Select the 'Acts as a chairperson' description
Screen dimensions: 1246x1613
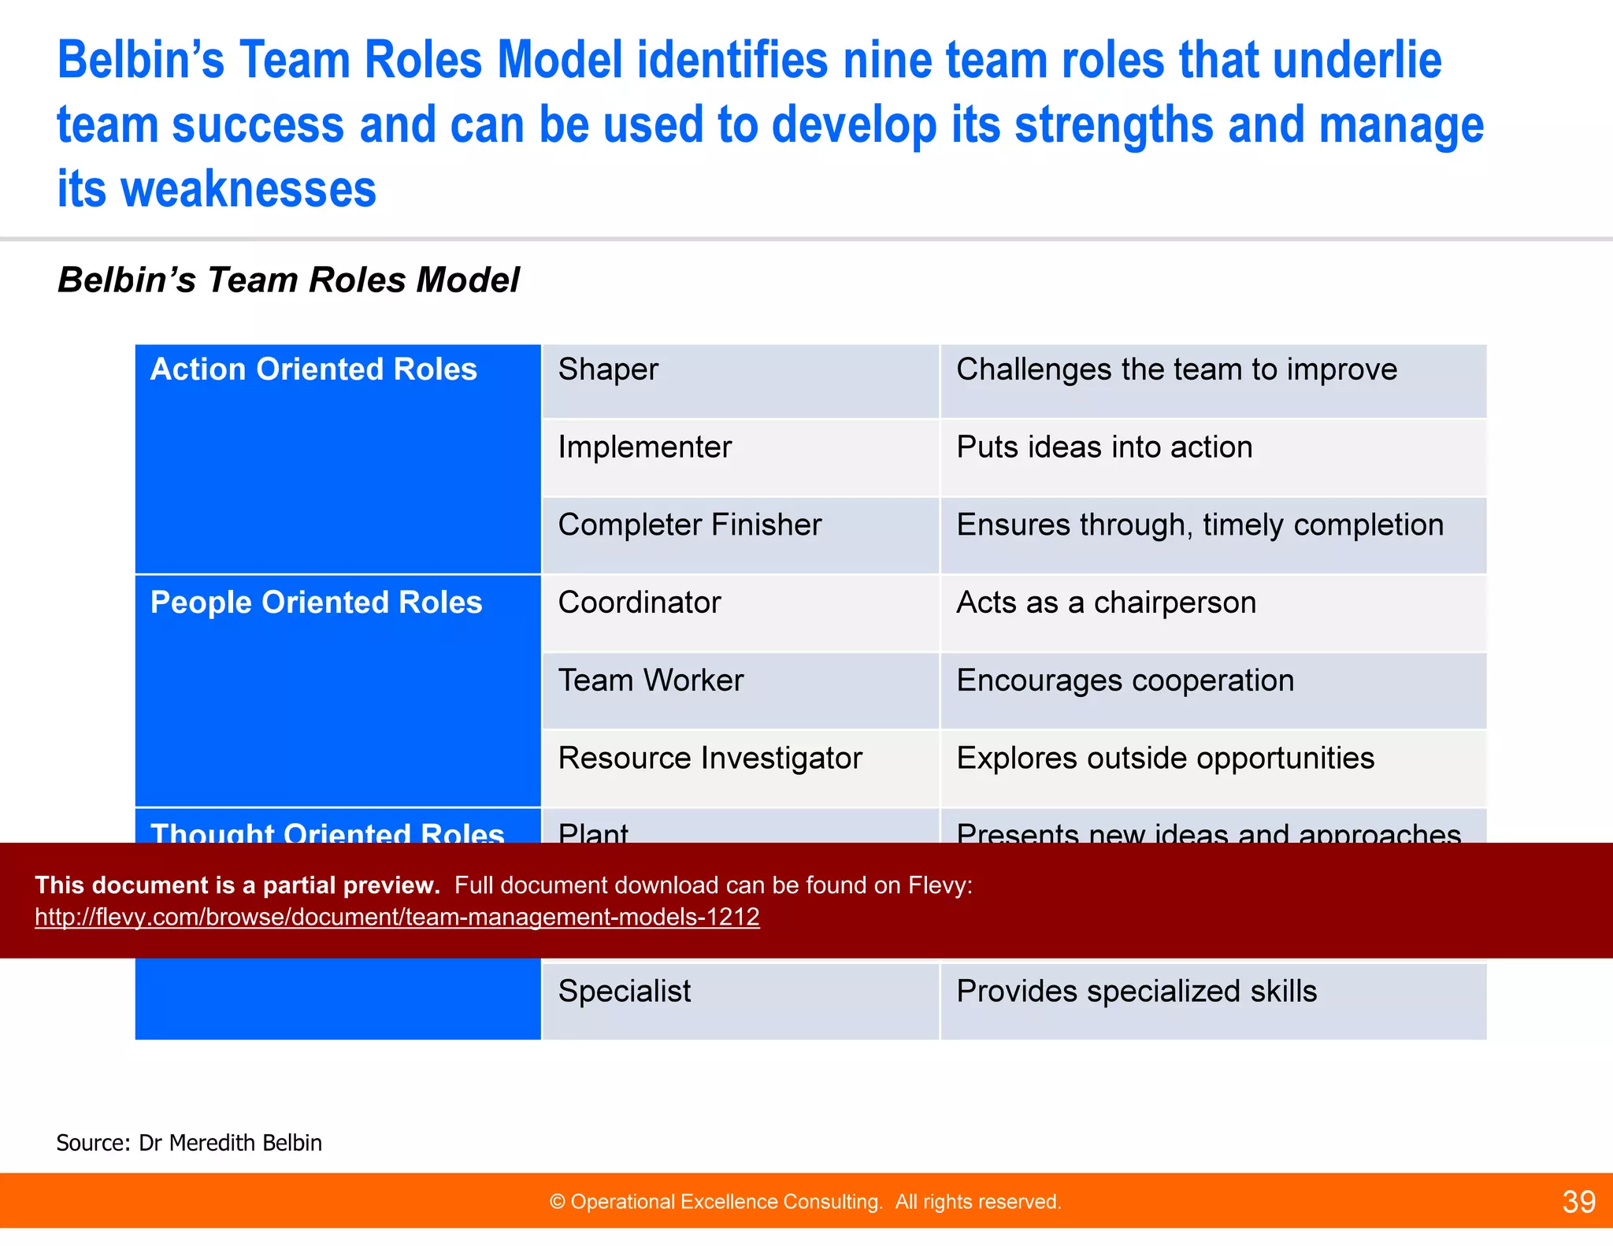[x=1106, y=603]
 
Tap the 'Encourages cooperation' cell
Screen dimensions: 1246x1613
[x=1125, y=680]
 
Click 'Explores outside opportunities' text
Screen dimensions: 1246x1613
[x=1165, y=758]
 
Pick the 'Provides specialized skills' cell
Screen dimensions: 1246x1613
[x=1136, y=992]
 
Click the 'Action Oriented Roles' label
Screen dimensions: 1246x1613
[x=313, y=370]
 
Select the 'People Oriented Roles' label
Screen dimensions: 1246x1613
[x=316, y=603]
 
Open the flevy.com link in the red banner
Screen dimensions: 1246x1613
[x=397, y=918]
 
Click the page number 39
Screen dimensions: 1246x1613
[x=1578, y=1202]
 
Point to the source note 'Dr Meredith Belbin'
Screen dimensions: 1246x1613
[x=230, y=1143]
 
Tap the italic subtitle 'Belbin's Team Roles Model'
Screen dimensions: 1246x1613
[x=288, y=280]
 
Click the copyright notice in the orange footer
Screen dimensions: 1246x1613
[x=805, y=1202]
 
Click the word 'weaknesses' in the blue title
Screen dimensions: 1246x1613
[x=248, y=191]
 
